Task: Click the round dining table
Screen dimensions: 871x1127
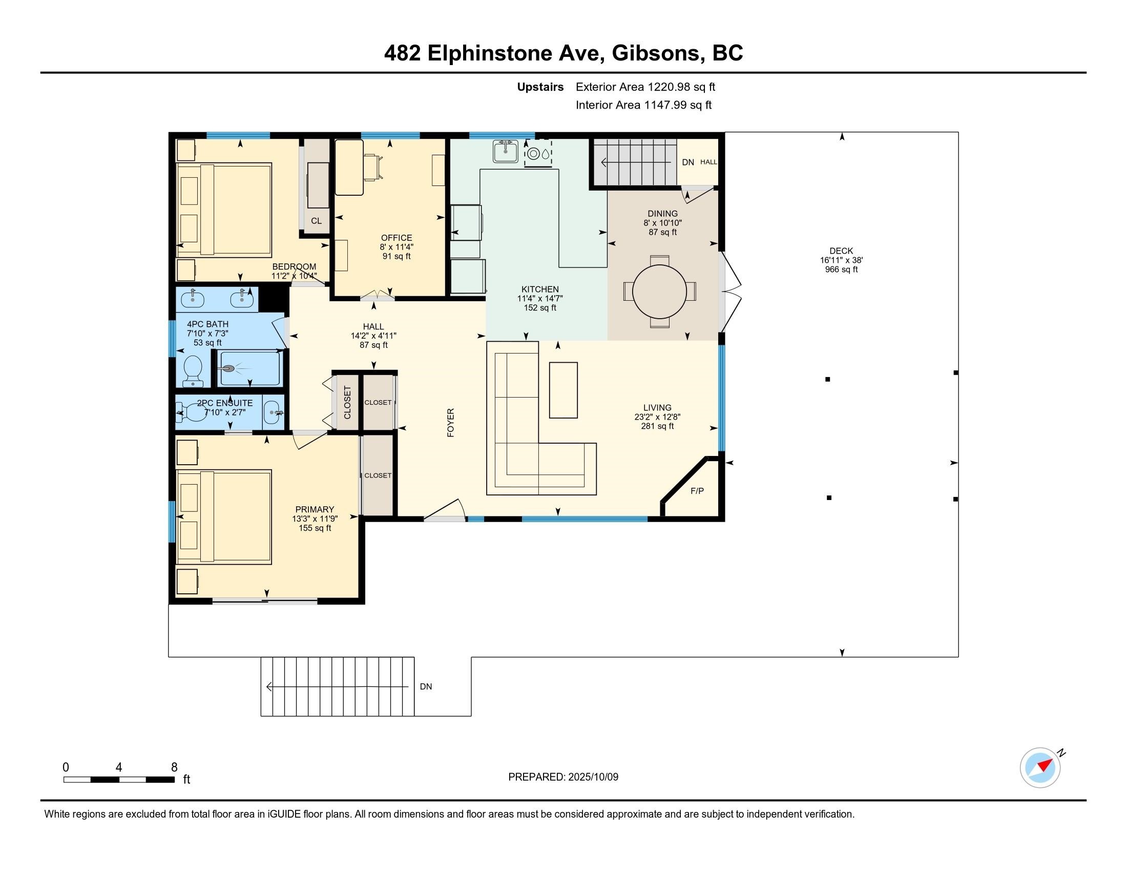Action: click(x=659, y=292)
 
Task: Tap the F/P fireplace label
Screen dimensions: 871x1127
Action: click(x=697, y=491)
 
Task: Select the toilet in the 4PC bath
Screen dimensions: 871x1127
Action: click(x=193, y=369)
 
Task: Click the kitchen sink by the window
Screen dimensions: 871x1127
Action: click(x=505, y=152)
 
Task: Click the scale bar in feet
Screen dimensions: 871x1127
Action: click(x=119, y=779)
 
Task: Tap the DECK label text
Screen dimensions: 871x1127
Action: click(x=841, y=251)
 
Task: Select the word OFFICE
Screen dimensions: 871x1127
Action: click(x=396, y=238)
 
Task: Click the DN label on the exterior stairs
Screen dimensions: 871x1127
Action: click(x=426, y=687)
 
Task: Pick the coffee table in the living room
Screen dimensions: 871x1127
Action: click(x=563, y=390)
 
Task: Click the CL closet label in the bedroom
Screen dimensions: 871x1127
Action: click(x=316, y=221)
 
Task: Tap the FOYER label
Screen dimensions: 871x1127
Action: click(x=450, y=423)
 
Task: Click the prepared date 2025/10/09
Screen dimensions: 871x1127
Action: click(x=592, y=777)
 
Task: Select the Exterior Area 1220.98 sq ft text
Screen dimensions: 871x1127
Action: click(x=645, y=87)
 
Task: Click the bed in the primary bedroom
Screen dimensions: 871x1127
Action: click(x=223, y=516)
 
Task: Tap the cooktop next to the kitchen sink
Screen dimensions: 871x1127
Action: click(x=538, y=153)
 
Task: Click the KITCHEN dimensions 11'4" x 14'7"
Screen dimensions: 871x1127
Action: click(x=540, y=299)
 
